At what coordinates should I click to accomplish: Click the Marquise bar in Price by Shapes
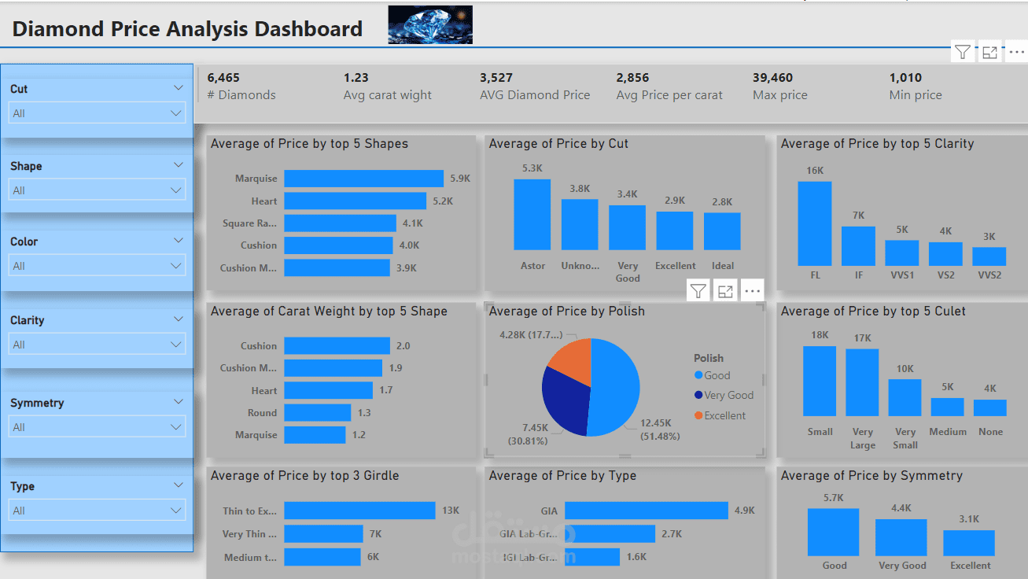coord(363,179)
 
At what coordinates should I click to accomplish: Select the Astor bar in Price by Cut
coord(532,215)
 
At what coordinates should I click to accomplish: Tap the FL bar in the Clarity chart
coord(814,223)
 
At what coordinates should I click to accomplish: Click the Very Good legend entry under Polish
coord(728,396)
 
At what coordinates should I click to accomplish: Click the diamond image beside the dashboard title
coord(430,24)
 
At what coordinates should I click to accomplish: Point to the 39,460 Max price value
coord(772,78)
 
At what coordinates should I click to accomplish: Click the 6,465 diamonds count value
coord(223,78)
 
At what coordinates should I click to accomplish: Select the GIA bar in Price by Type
coord(646,511)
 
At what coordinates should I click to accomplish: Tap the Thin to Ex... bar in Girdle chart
coord(359,511)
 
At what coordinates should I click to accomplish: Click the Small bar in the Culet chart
coord(820,381)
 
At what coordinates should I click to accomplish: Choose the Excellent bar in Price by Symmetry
coord(969,543)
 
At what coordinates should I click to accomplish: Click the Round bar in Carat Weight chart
coord(317,413)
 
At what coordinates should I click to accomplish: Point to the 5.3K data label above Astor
coord(532,168)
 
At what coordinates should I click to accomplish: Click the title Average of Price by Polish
coord(566,312)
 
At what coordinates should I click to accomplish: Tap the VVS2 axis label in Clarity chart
coord(989,276)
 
